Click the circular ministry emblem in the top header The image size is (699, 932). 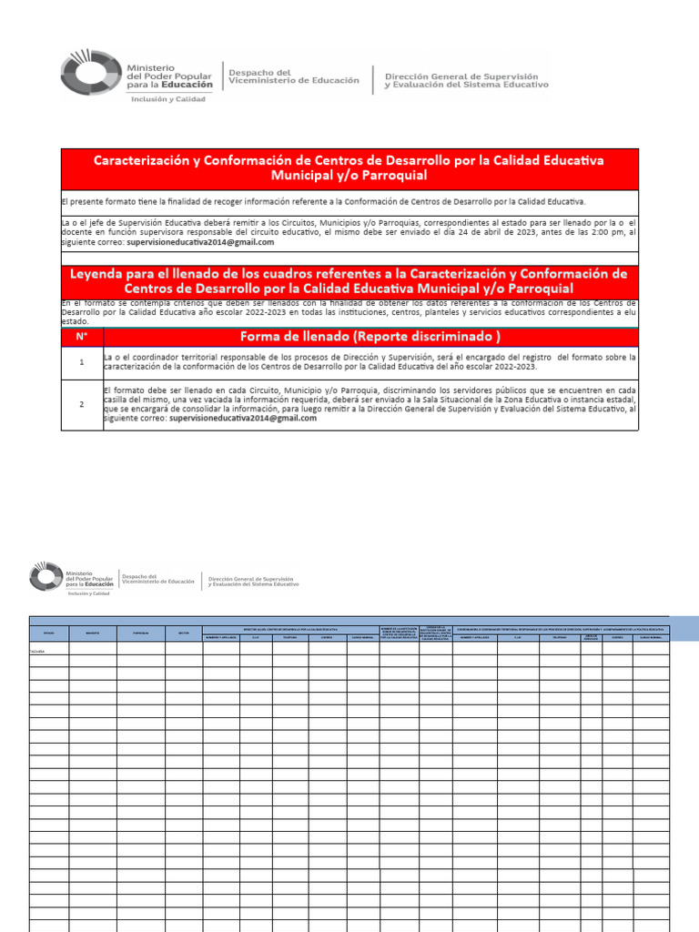pyautogui.click(x=89, y=75)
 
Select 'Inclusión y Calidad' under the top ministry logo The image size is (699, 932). pyautogui.click(x=168, y=99)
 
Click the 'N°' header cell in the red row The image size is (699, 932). pyautogui.click(x=82, y=337)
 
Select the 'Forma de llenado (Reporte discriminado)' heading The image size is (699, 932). pyautogui.click(x=370, y=337)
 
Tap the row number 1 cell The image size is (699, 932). pyautogui.click(x=82, y=362)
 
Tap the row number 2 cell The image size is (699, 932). pyautogui.click(x=82, y=404)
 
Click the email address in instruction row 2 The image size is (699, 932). pyautogui.click(x=234, y=420)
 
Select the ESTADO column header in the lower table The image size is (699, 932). pyautogui.click(x=49, y=632)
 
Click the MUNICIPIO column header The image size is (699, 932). pyautogui.click(x=94, y=632)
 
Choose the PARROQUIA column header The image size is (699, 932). pyautogui.click(x=140, y=632)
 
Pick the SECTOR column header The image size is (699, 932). pyautogui.click(x=183, y=632)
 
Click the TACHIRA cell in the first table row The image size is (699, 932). pyautogui.click(x=37, y=651)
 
